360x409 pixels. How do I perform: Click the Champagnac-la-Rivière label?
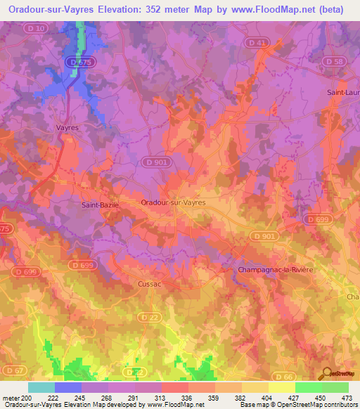point(275,269)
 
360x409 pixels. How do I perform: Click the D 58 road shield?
point(337,62)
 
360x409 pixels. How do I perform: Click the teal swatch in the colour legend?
point(41,387)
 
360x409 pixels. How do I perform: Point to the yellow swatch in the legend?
point(281,387)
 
